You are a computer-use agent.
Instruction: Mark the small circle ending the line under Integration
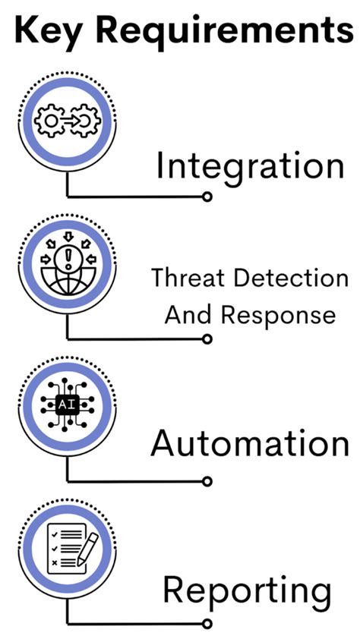[207, 197]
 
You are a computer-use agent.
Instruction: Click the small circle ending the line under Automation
[207, 481]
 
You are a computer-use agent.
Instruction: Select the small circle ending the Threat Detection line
[207, 338]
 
